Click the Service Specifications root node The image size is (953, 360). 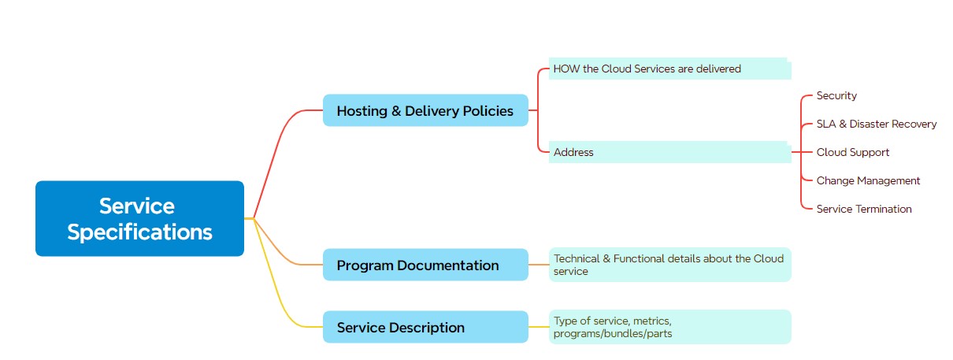[x=139, y=218]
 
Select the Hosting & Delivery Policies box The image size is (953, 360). [x=425, y=111]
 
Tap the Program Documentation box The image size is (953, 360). [x=425, y=265]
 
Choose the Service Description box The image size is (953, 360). [x=425, y=327]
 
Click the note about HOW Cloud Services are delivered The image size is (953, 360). [x=669, y=69]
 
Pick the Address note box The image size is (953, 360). [x=669, y=152]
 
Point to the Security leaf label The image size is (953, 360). [x=836, y=95]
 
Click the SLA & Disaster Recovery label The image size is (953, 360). [x=877, y=124]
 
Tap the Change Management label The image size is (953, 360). [x=868, y=180]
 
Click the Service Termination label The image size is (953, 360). [x=864, y=209]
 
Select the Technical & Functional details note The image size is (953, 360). [x=669, y=265]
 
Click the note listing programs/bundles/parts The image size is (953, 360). [x=669, y=327]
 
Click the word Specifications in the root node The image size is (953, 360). [x=139, y=232]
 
